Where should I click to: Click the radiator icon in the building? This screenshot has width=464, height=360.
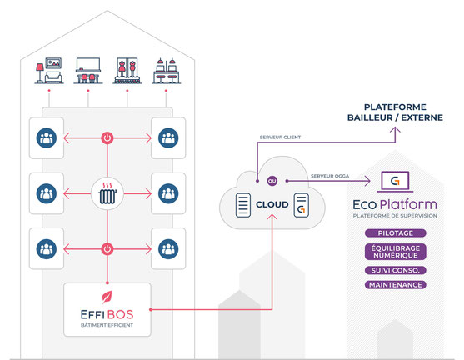pyautogui.click(x=107, y=193)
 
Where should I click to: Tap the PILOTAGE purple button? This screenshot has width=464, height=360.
pyautogui.click(x=396, y=233)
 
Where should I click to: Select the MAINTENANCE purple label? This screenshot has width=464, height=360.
pyautogui.click(x=396, y=285)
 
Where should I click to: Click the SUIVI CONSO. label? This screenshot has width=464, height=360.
pyautogui.click(x=396, y=270)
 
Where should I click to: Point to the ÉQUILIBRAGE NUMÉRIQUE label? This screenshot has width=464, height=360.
pyautogui.click(x=396, y=252)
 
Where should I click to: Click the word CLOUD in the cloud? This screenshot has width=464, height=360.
pyautogui.click(x=272, y=204)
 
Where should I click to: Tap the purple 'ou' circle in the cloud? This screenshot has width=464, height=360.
pyautogui.click(x=272, y=181)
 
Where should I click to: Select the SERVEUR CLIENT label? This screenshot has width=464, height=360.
pyautogui.click(x=280, y=137)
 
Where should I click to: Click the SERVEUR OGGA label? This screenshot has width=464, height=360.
pyautogui.click(x=330, y=176)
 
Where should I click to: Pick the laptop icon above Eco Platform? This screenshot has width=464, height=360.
pyautogui.click(x=395, y=182)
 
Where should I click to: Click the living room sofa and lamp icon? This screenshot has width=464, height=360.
pyautogui.click(x=49, y=71)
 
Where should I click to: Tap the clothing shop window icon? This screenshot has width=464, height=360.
pyautogui.click(x=127, y=71)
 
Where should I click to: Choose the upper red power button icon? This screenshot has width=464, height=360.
pyautogui.click(x=107, y=138)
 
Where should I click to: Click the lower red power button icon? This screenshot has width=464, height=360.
pyautogui.click(x=107, y=249)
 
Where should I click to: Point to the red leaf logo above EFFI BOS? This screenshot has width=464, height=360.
pyautogui.click(x=107, y=297)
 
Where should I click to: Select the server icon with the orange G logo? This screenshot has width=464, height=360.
pyautogui.click(x=302, y=205)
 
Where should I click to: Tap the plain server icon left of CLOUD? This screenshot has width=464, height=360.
pyautogui.click(x=243, y=205)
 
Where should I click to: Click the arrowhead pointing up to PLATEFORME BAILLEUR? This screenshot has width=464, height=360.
pyautogui.click(x=395, y=130)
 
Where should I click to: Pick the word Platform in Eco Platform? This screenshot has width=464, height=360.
pyautogui.click(x=408, y=204)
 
